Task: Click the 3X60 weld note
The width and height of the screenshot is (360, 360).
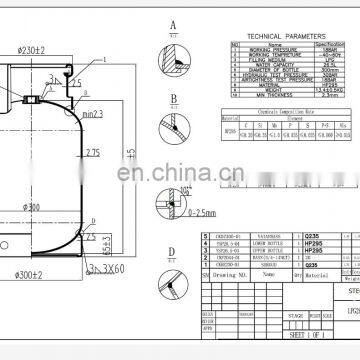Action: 105,242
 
